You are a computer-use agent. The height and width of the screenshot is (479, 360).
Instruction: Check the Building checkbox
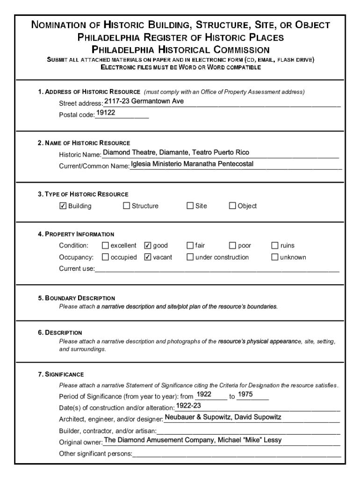pos(63,206)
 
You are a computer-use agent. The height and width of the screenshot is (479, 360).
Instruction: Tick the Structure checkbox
pos(126,206)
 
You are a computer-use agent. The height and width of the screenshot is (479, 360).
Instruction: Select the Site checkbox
pos(190,206)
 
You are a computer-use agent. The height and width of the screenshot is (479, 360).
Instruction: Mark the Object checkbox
pos(232,206)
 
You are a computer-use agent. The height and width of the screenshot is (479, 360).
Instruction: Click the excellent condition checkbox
pos(105,246)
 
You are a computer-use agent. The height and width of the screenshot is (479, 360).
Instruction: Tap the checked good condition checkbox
pos(148,246)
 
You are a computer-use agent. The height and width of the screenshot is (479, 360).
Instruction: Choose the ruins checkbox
pos(275,246)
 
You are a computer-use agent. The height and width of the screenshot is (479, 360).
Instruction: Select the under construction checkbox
pos(190,257)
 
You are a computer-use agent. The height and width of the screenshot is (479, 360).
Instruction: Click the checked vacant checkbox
pos(148,257)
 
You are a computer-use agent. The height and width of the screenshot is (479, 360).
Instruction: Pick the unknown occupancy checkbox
pos(275,257)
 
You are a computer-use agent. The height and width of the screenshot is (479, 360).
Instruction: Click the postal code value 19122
pos(106,113)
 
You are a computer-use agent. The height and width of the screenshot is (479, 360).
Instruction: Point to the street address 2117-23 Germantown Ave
pos(144,101)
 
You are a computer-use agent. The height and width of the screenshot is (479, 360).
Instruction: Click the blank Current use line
pos(217,269)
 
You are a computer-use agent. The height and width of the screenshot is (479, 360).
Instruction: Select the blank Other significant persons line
pos(237,453)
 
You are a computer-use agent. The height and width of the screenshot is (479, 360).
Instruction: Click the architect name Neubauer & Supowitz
pos(196,417)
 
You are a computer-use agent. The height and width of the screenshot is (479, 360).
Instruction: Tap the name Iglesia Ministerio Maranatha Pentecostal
pos(192,164)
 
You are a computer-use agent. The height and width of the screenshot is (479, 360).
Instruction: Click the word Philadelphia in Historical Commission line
pos(123,50)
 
